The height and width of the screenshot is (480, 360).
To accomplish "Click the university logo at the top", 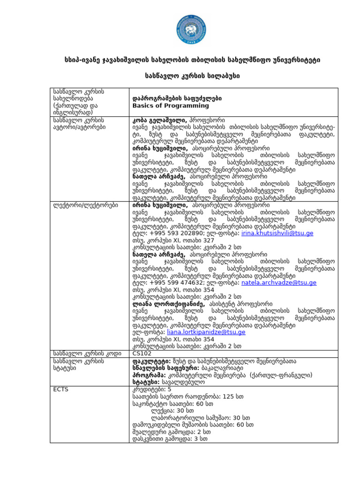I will click(x=180, y=29).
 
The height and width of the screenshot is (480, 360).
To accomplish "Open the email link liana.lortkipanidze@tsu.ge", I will click(x=206, y=332).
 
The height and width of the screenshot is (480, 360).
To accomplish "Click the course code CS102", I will click(x=142, y=353).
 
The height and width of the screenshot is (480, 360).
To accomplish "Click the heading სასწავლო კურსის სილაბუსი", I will click(x=180, y=75).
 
